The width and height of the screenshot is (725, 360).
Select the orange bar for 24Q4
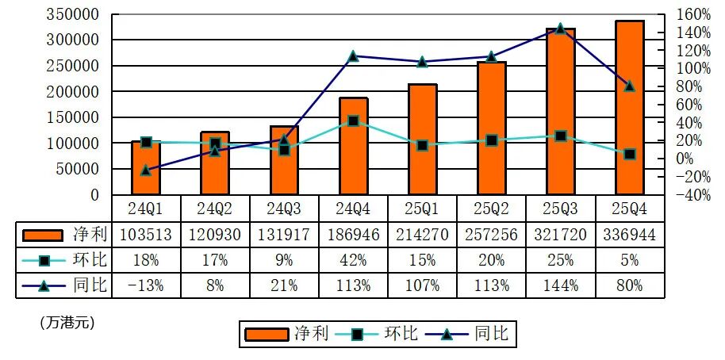(353, 146)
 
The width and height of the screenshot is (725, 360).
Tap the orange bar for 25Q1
(423, 139)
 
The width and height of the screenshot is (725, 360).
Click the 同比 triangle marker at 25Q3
(561, 29)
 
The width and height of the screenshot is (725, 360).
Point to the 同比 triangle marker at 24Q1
(146, 170)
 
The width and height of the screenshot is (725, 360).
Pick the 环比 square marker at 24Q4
(353, 121)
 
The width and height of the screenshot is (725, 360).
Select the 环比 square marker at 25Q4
(630, 155)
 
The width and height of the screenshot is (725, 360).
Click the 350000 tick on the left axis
(73, 14)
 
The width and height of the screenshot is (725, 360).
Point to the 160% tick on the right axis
(694, 14)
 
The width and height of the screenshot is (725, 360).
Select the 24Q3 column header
(284, 209)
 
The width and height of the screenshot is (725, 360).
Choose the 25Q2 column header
(492, 209)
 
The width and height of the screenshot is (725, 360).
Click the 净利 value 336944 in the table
(630, 235)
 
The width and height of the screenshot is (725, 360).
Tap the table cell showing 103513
(146, 235)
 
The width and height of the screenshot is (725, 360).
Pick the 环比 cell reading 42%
(353, 260)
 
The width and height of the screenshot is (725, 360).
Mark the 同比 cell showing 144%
(561, 285)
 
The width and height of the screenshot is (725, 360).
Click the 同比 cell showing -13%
(146, 285)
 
